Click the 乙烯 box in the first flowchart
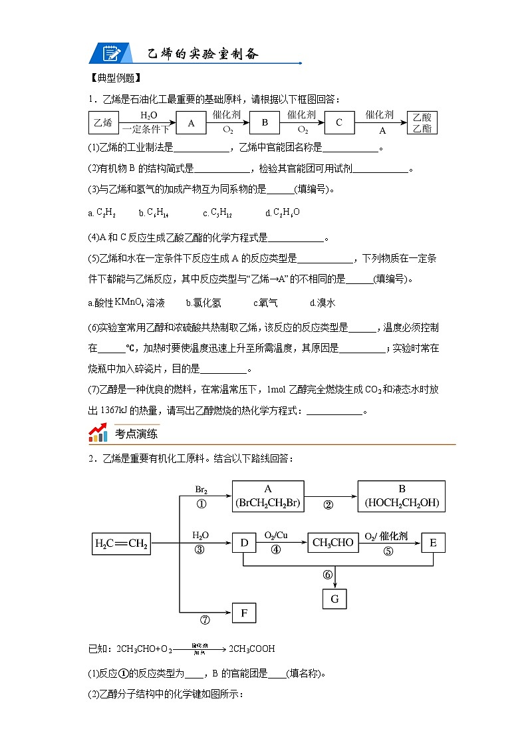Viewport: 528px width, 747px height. point(103,123)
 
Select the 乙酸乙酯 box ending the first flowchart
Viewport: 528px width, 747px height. point(421,123)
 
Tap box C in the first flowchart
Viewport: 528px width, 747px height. point(338,123)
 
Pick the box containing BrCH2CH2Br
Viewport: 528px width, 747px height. point(269,496)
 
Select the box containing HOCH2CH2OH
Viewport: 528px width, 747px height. point(402,496)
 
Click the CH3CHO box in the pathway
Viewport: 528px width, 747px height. point(332,543)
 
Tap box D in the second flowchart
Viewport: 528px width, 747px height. point(244,543)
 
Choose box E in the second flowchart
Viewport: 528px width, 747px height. point(433,543)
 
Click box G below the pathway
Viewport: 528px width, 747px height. point(334,599)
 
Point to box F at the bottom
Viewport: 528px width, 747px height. point(244,613)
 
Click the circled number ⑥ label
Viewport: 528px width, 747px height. point(327,575)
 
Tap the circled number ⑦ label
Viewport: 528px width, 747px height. point(205,620)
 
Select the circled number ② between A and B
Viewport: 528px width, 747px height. point(328,504)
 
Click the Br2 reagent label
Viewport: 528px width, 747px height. point(201,490)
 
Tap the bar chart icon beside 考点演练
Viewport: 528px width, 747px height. point(98,434)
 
